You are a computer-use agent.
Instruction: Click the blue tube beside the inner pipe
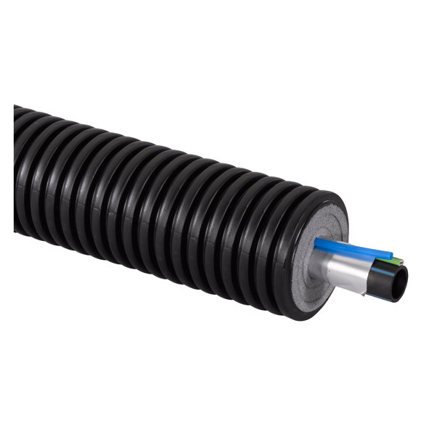tap(348, 248)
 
